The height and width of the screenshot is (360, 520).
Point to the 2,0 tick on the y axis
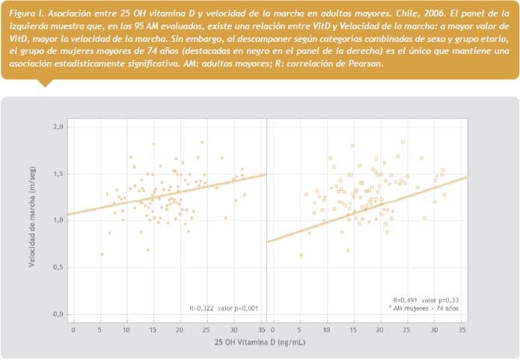point(58,126)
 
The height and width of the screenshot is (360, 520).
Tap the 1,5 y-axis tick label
point(58,174)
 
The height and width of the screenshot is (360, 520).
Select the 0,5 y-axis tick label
point(58,267)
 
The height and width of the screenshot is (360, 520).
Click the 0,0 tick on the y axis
point(58,314)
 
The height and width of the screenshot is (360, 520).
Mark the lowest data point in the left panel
point(101,254)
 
